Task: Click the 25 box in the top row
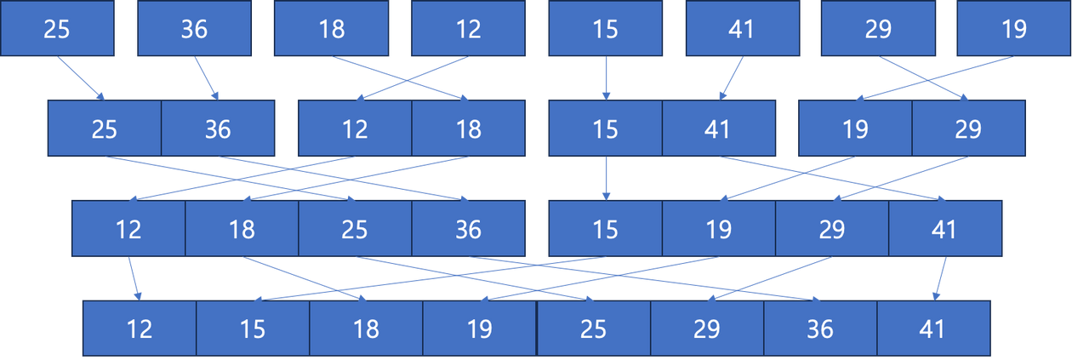[57, 29]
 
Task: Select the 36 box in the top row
[194, 29]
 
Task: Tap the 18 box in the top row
[331, 29]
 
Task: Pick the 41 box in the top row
[742, 29]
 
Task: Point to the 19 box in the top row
[1013, 29]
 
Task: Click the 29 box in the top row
[877, 29]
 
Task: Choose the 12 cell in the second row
[355, 129]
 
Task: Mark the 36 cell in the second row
[218, 129]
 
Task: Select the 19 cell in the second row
[855, 129]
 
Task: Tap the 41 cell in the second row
[719, 129]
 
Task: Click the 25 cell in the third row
[355, 228]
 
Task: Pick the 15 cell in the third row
[605, 228]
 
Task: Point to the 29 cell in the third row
[831, 228]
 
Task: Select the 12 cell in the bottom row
[140, 328]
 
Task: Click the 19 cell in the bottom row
[479, 328]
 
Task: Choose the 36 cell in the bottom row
[820, 328]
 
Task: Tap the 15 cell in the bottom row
[253, 328]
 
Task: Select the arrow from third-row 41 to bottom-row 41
[940, 277]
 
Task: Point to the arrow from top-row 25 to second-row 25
[82, 78]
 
